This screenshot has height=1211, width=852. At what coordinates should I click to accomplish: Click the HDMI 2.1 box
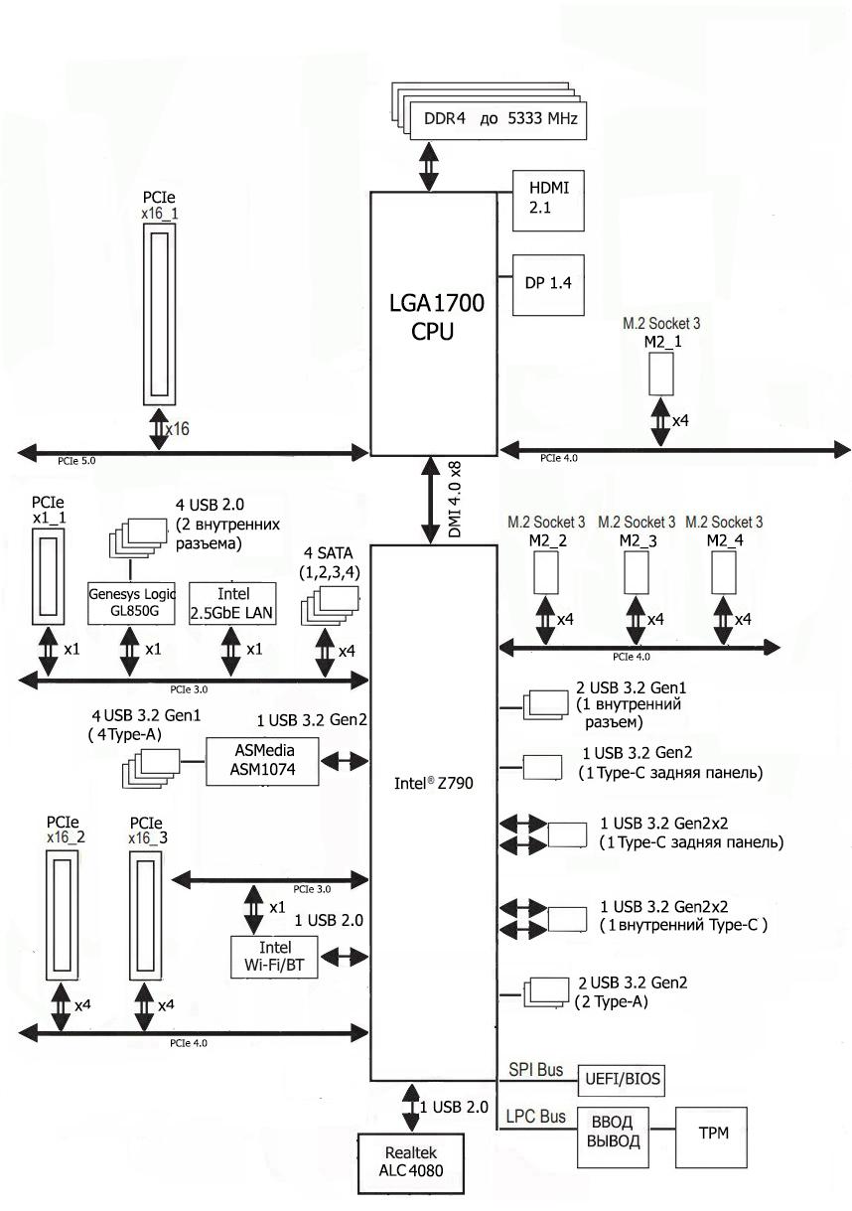pos(546,199)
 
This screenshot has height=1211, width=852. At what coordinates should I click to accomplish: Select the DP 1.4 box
pos(546,285)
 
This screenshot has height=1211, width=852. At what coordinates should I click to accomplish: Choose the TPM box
pos(712,1133)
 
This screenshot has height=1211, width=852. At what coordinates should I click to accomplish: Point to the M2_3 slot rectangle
pos(637,573)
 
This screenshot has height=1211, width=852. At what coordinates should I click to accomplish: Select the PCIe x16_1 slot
pos(160,313)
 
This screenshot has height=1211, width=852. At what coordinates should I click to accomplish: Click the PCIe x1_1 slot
pos(48,575)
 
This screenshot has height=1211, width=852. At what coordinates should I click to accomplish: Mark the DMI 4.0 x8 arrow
pos(432,500)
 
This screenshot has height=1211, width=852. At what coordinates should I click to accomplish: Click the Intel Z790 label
pos(433,783)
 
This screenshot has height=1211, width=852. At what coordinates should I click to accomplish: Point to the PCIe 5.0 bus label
pos(75,460)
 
